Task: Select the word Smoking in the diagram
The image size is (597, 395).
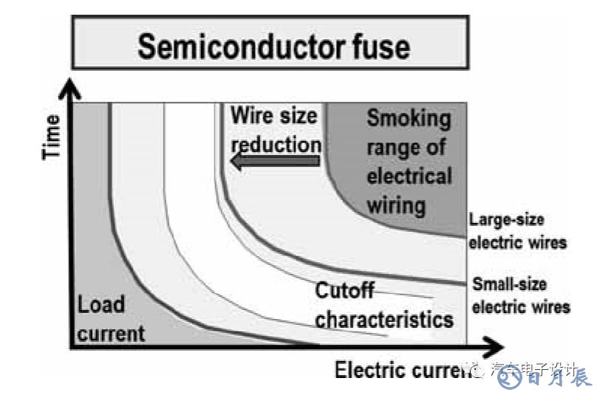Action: [x=408, y=118]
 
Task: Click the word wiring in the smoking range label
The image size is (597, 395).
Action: [x=396, y=204]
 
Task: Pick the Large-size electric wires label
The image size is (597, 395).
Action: [x=517, y=230]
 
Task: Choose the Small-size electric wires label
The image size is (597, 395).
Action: [x=521, y=295]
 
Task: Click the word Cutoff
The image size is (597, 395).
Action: [x=345, y=291]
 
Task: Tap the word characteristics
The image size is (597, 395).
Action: [x=384, y=319]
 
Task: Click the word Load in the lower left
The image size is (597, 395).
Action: [x=101, y=305]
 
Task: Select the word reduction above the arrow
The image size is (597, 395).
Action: [x=275, y=142]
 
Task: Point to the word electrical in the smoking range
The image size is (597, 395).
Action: [x=409, y=176]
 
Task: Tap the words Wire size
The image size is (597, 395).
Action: [x=274, y=115]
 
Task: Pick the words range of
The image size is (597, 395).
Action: [x=406, y=147]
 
